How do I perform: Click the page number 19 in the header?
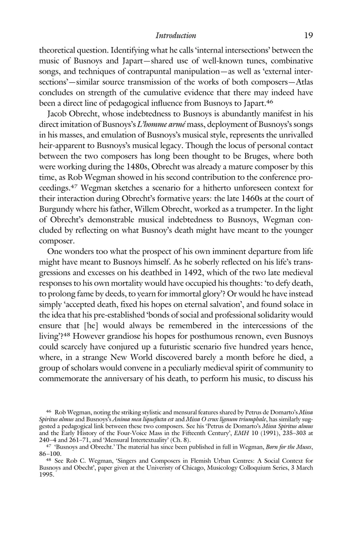[308, 36]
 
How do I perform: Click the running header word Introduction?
[176, 36]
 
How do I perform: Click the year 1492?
[184, 273]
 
